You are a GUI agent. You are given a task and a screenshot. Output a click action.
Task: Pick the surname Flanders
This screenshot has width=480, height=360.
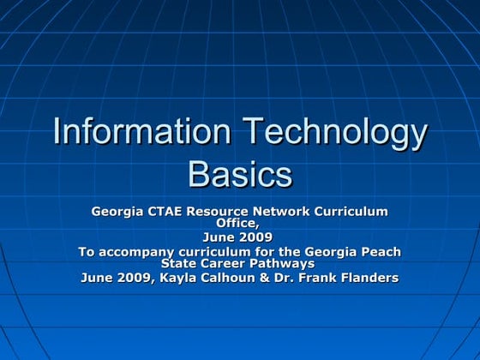tap(369, 278)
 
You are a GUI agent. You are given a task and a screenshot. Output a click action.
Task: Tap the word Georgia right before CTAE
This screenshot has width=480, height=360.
tap(122, 211)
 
